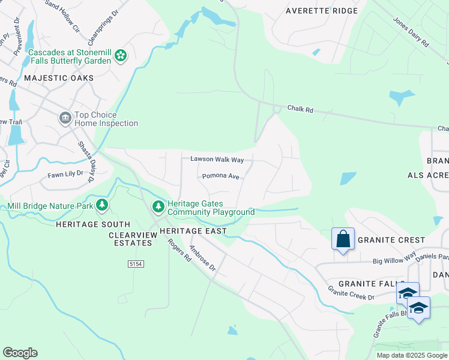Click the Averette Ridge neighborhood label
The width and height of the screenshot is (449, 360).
[321, 11]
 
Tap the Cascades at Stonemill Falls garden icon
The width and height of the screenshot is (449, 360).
[121, 56]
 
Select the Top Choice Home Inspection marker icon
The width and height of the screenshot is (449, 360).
[65, 119]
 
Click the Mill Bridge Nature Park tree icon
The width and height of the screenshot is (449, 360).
[102, 206]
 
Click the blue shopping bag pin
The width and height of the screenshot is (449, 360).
[343, 239]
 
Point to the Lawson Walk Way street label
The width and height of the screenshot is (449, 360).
[217, 160]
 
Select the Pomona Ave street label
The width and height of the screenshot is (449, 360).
[220, 176]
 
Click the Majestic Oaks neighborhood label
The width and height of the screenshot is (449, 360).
[59, 78]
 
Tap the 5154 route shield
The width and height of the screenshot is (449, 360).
[136, 263]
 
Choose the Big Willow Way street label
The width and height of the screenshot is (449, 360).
[394, 260]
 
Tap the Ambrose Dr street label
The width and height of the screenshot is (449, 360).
[202, 258]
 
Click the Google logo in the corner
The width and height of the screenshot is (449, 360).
[20, 353]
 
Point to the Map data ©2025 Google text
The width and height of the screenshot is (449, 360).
[412, 355]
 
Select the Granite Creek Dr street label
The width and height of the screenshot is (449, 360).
[351, 293]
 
